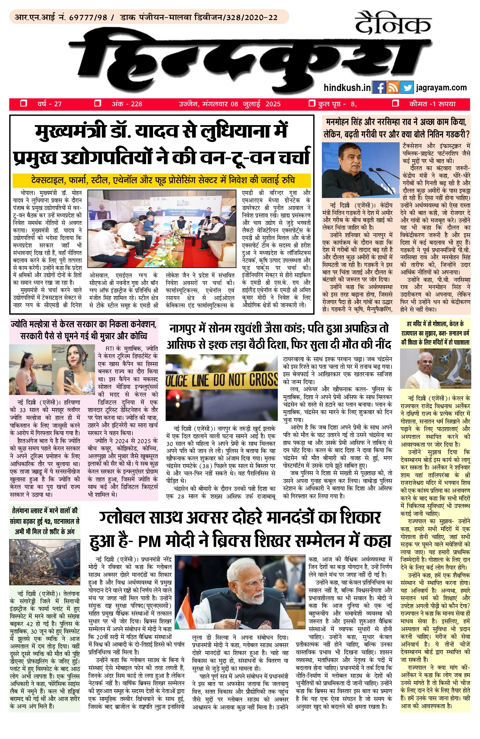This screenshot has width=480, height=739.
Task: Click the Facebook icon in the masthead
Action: (379, 88)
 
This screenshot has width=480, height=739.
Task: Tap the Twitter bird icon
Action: (407, 88)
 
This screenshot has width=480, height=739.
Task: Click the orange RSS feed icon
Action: (393, 88)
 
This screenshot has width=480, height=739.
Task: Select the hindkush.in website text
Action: (347, 88)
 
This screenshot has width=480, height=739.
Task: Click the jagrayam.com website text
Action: (441, 88)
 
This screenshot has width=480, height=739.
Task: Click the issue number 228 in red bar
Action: (136, 104)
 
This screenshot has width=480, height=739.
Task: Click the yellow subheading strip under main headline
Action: (162, 180)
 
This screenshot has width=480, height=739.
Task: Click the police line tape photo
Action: (221, 387)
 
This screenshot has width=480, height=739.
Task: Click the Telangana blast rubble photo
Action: (44, 562)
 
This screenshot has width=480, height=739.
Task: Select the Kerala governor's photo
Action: (435, 369)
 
